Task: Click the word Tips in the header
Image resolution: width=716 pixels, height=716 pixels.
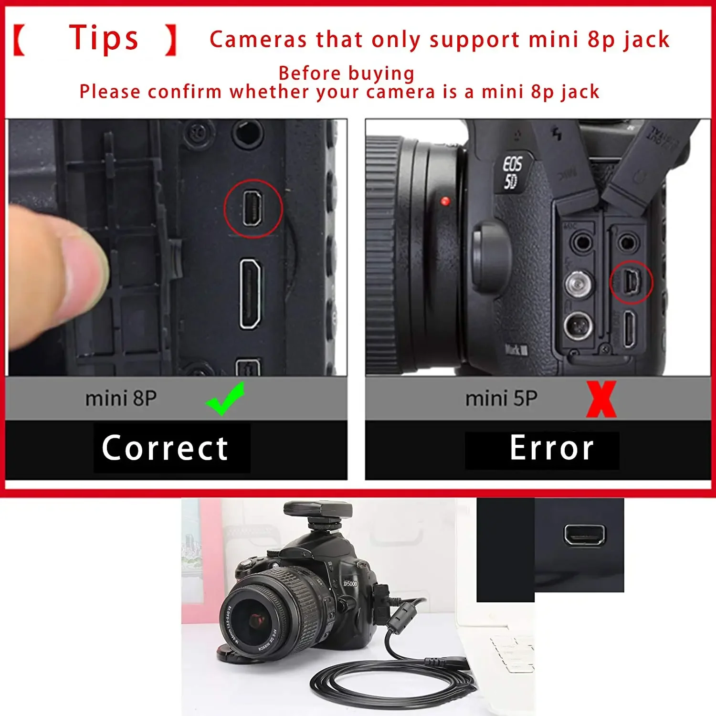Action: click(x=104, y=38)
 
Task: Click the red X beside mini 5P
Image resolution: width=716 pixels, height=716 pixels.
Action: click(x=601, y=400)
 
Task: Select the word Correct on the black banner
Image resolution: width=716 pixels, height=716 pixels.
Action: click(x=165, y=448)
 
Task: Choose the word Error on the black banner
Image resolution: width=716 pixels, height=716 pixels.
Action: click(x=551, y=448)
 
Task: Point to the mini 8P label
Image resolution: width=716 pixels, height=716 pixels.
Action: click(x=121, y=399)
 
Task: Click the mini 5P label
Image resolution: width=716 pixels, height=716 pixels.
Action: click(x=501, y=399)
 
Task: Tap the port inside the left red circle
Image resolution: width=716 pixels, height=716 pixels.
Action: click(x=252, y=209)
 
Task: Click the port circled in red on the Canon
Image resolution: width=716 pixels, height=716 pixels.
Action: click(x=632, y=282)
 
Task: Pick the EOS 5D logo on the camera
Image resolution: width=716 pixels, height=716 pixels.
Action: click(x=512, y=172)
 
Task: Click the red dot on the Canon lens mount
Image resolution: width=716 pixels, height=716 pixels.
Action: click(x=445, y=201)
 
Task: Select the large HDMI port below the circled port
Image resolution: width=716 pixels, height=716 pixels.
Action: click(x=250, y=294)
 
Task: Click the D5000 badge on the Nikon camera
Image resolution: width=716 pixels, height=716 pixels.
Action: click(x=350, y=584)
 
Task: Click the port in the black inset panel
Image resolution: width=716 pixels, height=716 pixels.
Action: click(x=584, y=534)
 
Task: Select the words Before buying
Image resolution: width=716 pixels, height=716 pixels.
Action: click(x=347, y=74)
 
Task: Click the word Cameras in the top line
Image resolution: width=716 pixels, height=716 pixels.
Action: click(x=258, y=40)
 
